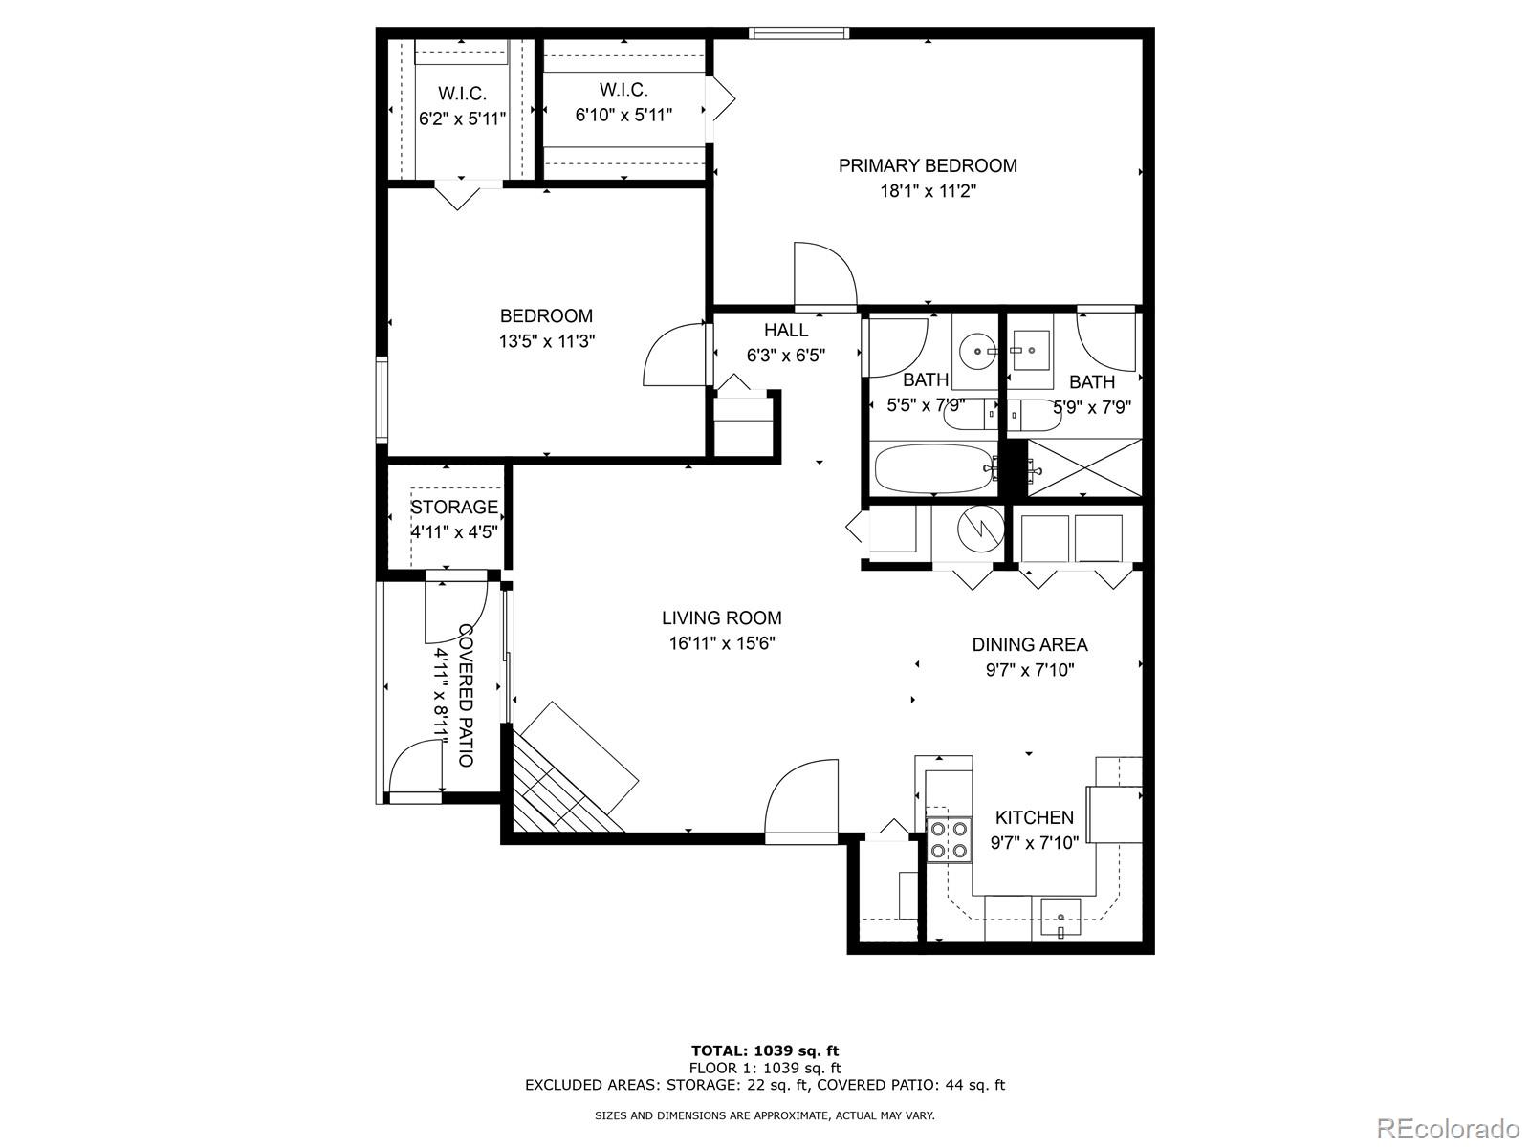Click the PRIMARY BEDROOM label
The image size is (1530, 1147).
point(928,165)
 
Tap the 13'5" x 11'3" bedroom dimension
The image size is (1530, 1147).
point(546,341)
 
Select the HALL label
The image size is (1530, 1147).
point(786,330)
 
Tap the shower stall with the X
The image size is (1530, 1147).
point(1084,468)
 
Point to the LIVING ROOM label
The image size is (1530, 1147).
point(722,617)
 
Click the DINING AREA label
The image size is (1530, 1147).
point(1030,644)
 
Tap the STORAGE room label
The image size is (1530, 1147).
point(454,507)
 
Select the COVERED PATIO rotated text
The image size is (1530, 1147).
point(466,695)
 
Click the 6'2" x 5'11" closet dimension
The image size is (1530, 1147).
point(463,119)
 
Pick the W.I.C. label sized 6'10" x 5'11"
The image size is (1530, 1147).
point(623,90)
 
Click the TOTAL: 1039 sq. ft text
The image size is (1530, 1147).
point(765,1051)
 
